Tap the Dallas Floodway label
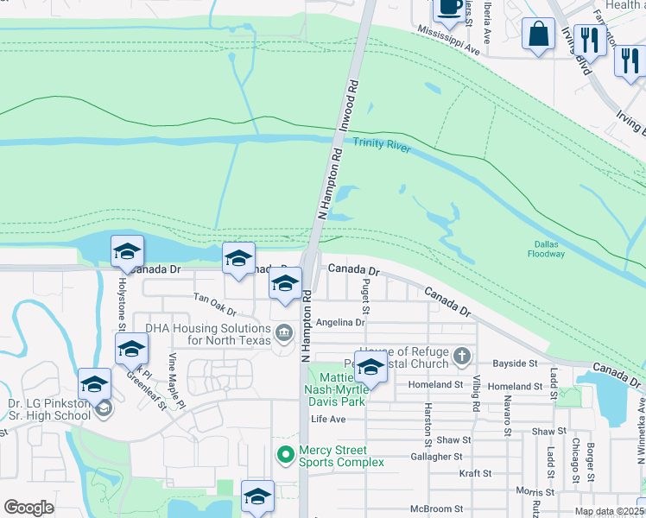tap(548, 249)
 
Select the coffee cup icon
tap(447, 8)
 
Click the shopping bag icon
tap(539, 35)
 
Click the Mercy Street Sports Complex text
tap(332, 457)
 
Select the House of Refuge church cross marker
tap(463, 355)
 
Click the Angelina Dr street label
tap(341, 323)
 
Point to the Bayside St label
tap(516, 364)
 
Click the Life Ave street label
tap(328, 420)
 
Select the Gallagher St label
tap(438, 456)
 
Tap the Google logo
tap(28, 508)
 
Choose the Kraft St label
tap(475, 473)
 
